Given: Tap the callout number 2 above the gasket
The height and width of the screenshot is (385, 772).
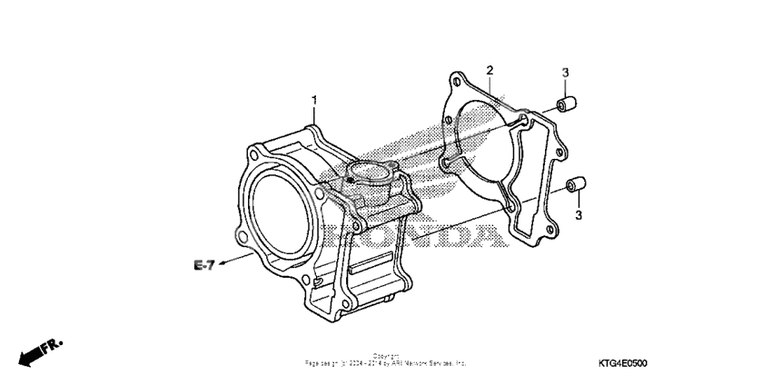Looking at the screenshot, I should (490, 70).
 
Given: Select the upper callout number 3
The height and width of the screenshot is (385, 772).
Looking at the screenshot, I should (564, 73).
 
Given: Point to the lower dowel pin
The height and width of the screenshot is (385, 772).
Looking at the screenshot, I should (574, 186).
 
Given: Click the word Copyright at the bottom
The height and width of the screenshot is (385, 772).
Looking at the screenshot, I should (386, 357).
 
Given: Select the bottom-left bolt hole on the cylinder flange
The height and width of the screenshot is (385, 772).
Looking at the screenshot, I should (243, 239).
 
